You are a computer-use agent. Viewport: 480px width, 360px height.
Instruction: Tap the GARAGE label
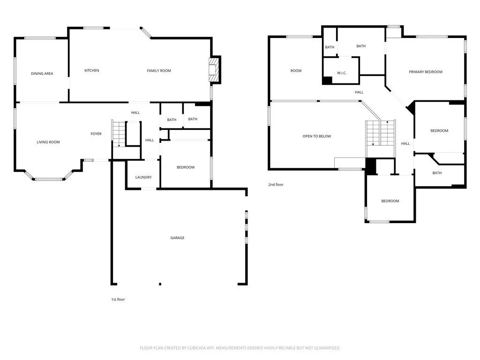pos(178,238)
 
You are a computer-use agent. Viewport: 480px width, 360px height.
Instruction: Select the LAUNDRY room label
pos(143,177)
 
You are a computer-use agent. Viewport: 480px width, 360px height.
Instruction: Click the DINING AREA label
pos(42,74)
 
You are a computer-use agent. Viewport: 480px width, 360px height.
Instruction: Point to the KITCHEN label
pos(92,70)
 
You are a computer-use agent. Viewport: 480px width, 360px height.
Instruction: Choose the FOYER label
pos(96,134)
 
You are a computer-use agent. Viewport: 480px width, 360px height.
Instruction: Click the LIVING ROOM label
pos(48,142)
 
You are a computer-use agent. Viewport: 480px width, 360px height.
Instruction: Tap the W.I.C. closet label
pos(342,73)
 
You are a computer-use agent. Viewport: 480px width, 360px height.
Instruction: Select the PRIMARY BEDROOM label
pos(426,72)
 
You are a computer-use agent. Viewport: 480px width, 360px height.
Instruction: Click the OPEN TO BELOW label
pos(317,136)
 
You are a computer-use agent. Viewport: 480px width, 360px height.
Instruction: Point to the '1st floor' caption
pos(118,300)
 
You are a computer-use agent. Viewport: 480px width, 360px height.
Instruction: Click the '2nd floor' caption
pos(276,185)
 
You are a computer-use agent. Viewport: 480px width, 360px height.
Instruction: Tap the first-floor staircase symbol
pos(119,134)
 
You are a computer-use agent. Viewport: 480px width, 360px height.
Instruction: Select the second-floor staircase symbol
pos(381,133)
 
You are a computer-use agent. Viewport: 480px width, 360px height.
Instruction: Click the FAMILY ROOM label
pos(159,71)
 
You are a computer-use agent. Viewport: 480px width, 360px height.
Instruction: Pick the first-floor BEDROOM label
pos(186,167)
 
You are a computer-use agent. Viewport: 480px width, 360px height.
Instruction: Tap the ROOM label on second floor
pos(296,71)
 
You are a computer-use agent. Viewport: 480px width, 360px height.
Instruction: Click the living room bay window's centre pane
pos(49,179)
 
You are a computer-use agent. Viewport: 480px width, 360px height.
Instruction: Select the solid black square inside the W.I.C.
pos(327,80)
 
